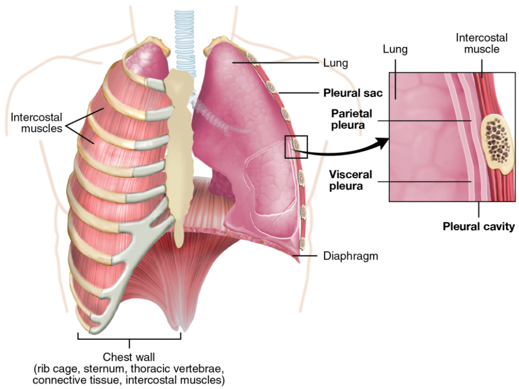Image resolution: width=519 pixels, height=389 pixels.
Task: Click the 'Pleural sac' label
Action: point(352,93)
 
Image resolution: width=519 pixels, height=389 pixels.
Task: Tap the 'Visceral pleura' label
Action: point(350,180)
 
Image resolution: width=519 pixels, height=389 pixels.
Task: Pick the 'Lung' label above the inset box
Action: point(395,49)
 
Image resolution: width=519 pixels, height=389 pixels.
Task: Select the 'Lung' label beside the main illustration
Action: point(336,64)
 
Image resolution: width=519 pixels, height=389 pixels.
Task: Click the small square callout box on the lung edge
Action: point(296,146)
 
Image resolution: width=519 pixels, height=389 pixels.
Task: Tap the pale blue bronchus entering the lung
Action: point(215,118)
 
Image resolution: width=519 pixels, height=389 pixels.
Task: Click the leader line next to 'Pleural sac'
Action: point(299,93)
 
